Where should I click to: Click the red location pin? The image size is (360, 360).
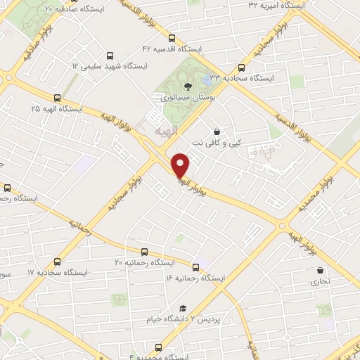coord(181,164)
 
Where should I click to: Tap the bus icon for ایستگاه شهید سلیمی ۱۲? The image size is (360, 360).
coord(109,56)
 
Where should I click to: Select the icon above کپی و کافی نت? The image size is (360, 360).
coord(217,131)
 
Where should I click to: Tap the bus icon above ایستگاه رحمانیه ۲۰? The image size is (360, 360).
coord(144,251)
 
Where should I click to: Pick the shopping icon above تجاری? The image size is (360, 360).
coord(321,270)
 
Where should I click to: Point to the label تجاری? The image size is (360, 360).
coord(320,282)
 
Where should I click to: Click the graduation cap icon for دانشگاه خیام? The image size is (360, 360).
coord(183,308)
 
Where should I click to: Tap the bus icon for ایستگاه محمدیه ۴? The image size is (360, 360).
coord(158,347)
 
